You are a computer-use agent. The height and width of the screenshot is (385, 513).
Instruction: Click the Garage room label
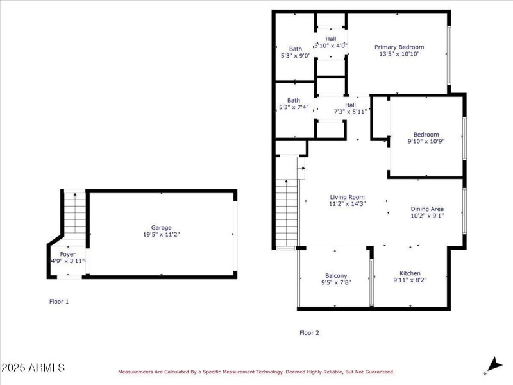click(161, 227)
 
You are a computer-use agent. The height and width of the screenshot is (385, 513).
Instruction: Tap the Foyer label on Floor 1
click(67, 254)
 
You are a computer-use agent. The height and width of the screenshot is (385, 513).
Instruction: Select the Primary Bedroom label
click(399, 47)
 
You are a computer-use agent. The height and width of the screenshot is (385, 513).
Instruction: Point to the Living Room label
click(347, 197)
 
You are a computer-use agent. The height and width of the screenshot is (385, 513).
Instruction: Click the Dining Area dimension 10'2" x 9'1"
click(427, 216)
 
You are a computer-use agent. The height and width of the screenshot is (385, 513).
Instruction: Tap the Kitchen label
click(410, 273)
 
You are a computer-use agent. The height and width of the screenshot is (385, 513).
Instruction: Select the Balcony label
click(334, 275)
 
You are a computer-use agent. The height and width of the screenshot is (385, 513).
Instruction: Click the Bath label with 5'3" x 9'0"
click(295, 56)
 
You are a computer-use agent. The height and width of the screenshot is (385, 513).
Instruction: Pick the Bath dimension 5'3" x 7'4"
click(294, 107)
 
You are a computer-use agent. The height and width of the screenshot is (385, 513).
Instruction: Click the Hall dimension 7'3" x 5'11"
click(350, 112)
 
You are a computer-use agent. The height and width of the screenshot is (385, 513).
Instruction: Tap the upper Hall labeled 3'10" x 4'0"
click(331, 46)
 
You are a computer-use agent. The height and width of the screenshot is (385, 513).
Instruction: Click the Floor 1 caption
click(59, 301)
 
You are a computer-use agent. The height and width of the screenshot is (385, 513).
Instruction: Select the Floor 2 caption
click(309, 332)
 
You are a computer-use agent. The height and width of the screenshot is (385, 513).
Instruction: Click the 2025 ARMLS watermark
click(33, 368)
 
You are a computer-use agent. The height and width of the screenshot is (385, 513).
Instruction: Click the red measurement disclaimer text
click(255, 372)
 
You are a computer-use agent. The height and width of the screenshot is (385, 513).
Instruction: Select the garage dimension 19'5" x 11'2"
click(161, 235)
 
